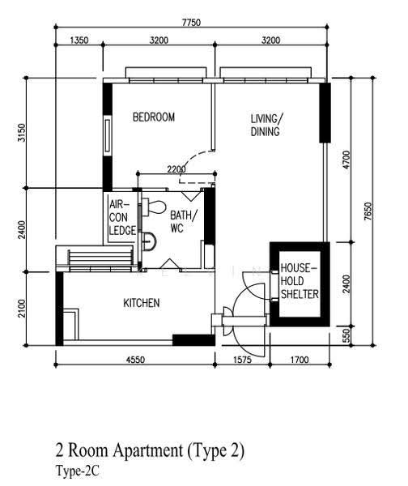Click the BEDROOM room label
[x=154, y=117]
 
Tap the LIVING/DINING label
[x=266, y=125]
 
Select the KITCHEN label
[x=142, y=303]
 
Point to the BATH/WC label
[x=184, y=222]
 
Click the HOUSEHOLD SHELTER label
[x=300, y=281]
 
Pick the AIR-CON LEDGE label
[x=122, y=218]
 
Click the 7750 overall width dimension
[x=191, y=23]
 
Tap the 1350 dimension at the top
[x=79, y=40]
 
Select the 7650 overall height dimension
[x=368, y=211]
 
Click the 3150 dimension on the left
[x=21, y=133]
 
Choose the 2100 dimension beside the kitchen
[x=21, y=308]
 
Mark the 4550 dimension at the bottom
[x=135, y=360]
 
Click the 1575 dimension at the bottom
[x=243, y=360]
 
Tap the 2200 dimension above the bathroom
[x=176, y=169]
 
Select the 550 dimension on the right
[x=346, y=335]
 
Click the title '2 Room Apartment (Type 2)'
[x=150, y=450]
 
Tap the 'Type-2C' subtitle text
[x=78, y=471]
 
